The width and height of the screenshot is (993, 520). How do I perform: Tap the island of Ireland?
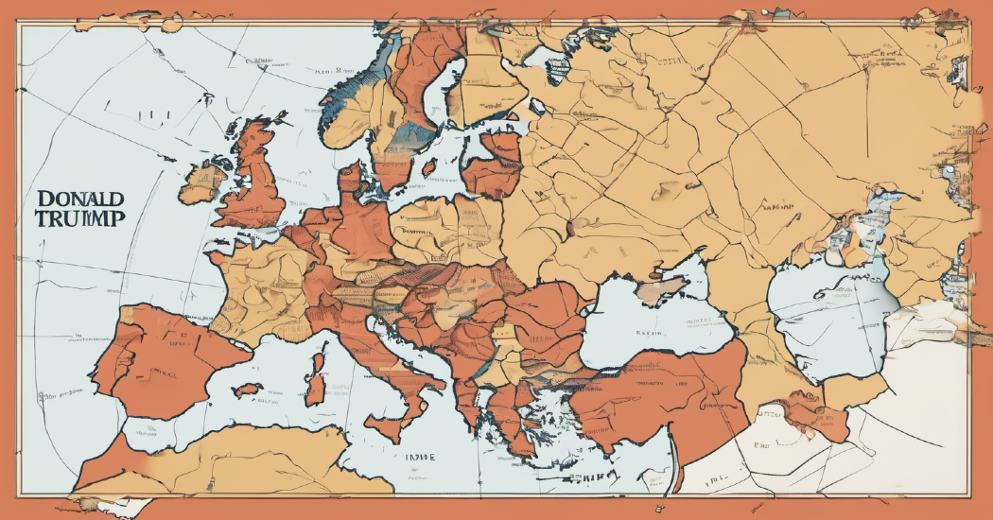pos(201,182)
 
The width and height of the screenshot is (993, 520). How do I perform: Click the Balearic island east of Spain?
pos(248,389)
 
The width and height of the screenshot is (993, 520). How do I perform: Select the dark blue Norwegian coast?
pos(345,104)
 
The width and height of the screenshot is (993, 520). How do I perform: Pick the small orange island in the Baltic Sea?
pos(427,168)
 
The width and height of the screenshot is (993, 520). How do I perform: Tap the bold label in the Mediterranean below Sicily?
pos(416,457)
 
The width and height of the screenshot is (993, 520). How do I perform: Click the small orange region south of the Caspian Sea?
pos(813,416)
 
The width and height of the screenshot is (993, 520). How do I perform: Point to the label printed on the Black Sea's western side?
pos(649,333)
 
